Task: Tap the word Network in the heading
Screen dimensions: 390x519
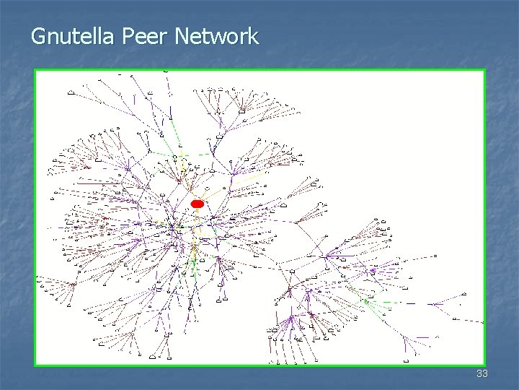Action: (x=216, y=36)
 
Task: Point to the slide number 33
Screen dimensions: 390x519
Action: (x=482, y=373)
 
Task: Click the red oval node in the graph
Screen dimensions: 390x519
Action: (x=198, y=204)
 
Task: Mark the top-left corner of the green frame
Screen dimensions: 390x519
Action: (x=35, y=69)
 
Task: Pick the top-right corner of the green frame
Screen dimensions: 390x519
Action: (x=484, y=69)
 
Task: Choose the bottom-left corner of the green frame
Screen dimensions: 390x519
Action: (x=35, y=365)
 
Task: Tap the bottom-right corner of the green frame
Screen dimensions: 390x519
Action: (x=484, y=365)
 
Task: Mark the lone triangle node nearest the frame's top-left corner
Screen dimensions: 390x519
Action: (x=71, y=92)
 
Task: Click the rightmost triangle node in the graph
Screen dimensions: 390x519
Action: (x=466, y=295)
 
